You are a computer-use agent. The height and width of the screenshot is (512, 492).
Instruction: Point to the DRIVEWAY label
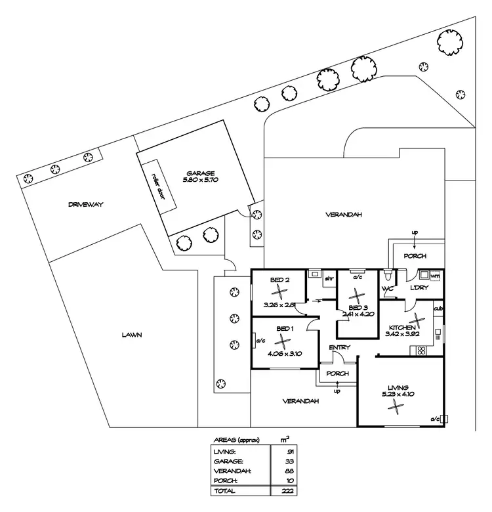(x=85, y=204)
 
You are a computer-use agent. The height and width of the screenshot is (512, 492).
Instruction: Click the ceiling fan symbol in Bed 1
(x=283, y=341)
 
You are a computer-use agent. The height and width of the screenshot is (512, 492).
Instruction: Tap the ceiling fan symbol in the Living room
(x=395, y=407)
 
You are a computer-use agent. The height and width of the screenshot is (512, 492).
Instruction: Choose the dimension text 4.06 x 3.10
(x=284, y=354)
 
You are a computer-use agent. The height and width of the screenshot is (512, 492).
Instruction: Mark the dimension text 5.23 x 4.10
(x=398, y=395)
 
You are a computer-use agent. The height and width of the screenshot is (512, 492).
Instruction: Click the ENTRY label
(x=340, y=347)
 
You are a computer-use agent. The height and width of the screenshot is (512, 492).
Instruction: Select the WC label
(x=387, y=289)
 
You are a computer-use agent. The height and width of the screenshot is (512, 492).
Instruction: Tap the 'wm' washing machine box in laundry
(x=435, y=276)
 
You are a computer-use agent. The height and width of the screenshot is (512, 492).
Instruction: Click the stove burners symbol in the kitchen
(x=420, y=350)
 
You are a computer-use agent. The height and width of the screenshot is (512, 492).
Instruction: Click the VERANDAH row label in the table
(x=230, y=470)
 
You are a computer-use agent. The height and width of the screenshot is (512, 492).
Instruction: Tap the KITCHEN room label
(x=401, y=327)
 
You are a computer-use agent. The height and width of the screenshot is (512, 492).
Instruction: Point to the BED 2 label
(x=280, y=280)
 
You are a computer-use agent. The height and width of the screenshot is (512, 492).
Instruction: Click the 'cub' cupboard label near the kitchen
(x=438, y=309)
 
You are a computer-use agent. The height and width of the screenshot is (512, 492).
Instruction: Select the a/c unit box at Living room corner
(x=444, y=418)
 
